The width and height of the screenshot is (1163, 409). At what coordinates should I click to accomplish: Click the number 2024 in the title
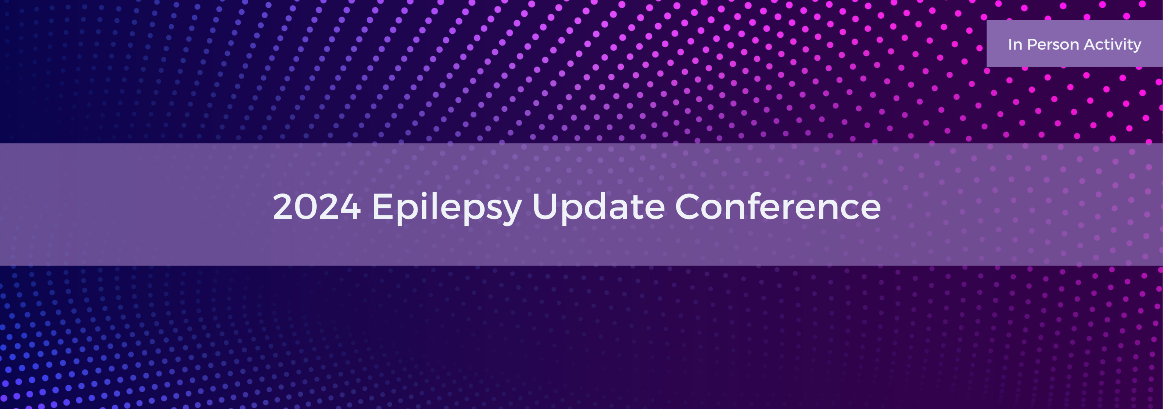click(x=316, y=207)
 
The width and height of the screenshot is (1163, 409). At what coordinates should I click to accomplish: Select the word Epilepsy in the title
click(x=447, y=207)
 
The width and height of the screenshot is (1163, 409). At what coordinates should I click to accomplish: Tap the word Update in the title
click(x=598, y=207)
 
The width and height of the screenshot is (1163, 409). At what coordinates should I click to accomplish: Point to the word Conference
click(x=777, y=207)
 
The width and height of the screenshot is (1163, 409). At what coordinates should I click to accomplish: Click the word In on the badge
click(x=1015, y=44)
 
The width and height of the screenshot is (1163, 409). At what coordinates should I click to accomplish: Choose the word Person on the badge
click(x=1053, y=44)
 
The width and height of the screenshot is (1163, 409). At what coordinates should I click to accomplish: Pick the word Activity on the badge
click(x=1113, y=44)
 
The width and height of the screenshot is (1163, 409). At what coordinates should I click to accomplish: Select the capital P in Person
click(x=1032, y=44)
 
